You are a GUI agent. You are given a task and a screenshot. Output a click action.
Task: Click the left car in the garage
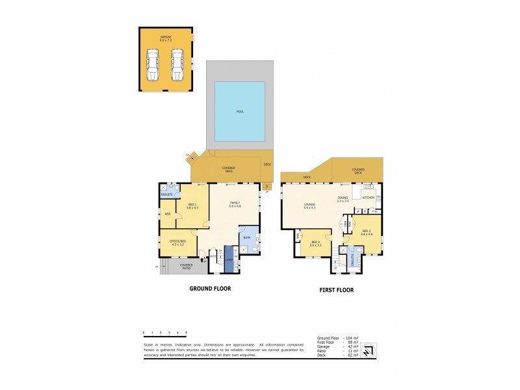153,64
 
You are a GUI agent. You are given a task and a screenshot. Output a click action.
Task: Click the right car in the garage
177,64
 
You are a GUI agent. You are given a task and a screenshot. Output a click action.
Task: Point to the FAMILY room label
235,204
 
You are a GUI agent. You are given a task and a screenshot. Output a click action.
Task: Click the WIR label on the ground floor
167,214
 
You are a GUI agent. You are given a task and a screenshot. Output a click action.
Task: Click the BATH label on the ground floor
247,239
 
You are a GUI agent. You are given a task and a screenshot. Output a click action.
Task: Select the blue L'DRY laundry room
229,259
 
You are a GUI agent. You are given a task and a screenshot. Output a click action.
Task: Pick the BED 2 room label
367,231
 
